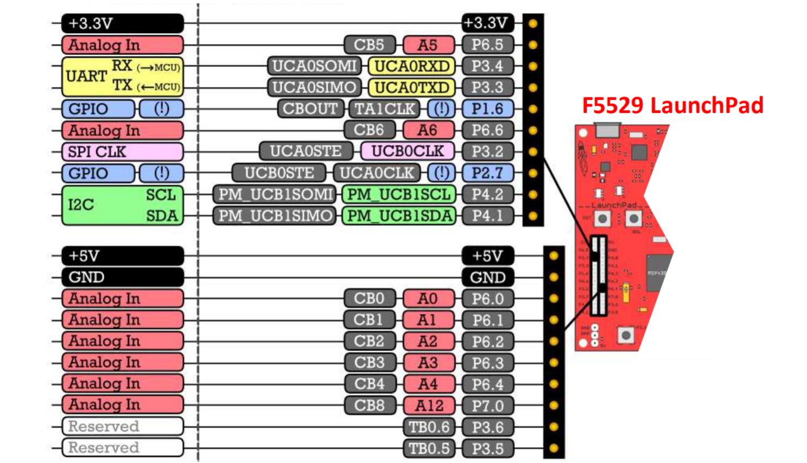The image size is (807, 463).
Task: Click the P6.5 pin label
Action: (487, 45)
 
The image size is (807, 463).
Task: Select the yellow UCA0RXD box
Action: (411, 66)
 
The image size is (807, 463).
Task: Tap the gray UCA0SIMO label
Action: (314, 87)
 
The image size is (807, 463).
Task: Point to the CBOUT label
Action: (310, 109)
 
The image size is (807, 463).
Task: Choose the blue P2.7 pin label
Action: (487, 173)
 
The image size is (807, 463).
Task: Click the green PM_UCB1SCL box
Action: (399, 194)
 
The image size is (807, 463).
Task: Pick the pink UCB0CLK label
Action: (407, 151)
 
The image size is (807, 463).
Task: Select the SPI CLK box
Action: (122, 151)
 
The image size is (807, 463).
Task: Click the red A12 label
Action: (429, 405)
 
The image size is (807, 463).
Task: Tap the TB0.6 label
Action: (429, 427)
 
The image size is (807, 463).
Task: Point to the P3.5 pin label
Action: (487, 449)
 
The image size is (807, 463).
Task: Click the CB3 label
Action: (370, 363)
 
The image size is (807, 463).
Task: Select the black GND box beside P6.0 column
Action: (487, 277)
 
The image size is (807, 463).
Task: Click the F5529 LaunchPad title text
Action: (672, 105)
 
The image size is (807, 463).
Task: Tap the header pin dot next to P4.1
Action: (533, 216)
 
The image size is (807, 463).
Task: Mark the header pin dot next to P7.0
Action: (554, 405)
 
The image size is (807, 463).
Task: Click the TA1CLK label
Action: (385, 109)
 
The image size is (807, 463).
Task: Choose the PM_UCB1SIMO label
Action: (275, 216)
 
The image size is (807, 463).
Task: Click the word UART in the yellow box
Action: (86, 76)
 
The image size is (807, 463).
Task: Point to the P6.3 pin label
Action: (487, 363)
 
